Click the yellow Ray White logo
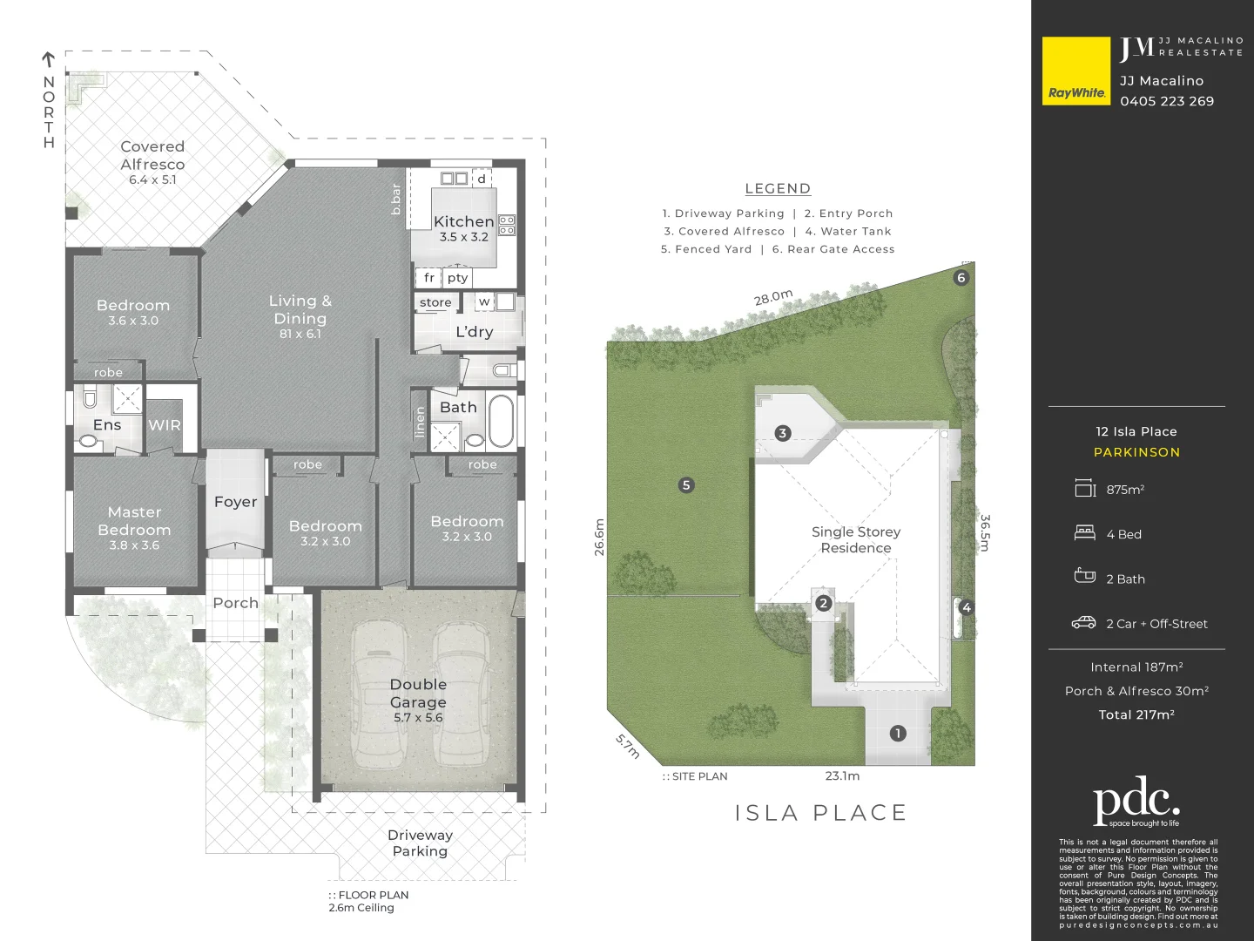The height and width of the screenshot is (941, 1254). click(1076, 71)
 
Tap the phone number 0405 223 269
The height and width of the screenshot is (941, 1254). click(1167, 101)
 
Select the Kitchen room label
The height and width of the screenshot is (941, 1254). click(463, 222)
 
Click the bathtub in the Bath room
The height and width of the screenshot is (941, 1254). click(502, 422)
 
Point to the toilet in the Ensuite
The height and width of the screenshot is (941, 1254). click(90, 398)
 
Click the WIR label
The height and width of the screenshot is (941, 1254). click(165, 425)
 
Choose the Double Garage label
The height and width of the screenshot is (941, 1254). click(418, 694)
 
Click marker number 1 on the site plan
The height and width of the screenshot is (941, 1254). click(898, 734)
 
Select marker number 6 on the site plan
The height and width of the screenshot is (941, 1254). click(961, 278)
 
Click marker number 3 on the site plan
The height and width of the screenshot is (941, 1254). click(783, 433)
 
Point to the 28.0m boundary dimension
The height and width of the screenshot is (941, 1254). click(773, 298)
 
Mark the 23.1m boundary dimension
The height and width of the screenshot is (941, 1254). click(842, 775)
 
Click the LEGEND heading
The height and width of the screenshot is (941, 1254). click(778, 189)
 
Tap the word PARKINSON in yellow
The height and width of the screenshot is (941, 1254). click(1136, 452)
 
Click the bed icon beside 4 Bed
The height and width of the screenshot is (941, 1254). click(1085, 533)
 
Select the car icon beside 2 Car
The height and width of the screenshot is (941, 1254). click(1084, 623)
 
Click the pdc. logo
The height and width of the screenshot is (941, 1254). click(1136, 800)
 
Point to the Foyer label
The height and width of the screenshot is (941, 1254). click(235, 502)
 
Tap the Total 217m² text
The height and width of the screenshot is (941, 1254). click(1136, 714)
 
